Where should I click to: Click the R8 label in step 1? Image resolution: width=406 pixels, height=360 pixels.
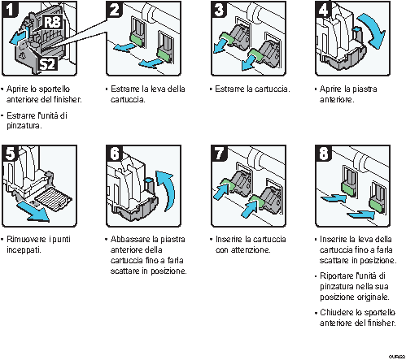(x=52, y=20)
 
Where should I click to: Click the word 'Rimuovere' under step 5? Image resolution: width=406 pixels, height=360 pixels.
(x=28, y=240)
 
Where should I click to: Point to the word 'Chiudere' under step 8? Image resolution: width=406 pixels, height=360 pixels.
(x=337, y=312)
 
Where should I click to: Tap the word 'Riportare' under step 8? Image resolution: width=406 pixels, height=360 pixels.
(x=338, y=276)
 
